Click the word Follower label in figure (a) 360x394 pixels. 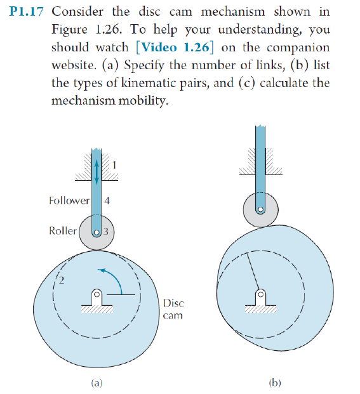[69, 201]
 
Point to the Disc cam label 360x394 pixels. [173, 309]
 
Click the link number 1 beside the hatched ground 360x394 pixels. [114, 166]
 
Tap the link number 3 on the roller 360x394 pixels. [107, 231]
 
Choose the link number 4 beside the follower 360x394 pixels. [107, 201]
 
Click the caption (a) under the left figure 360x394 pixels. [96, 382]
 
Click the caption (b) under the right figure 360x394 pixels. [274, 382]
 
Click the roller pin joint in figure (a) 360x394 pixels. [96, 231]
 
